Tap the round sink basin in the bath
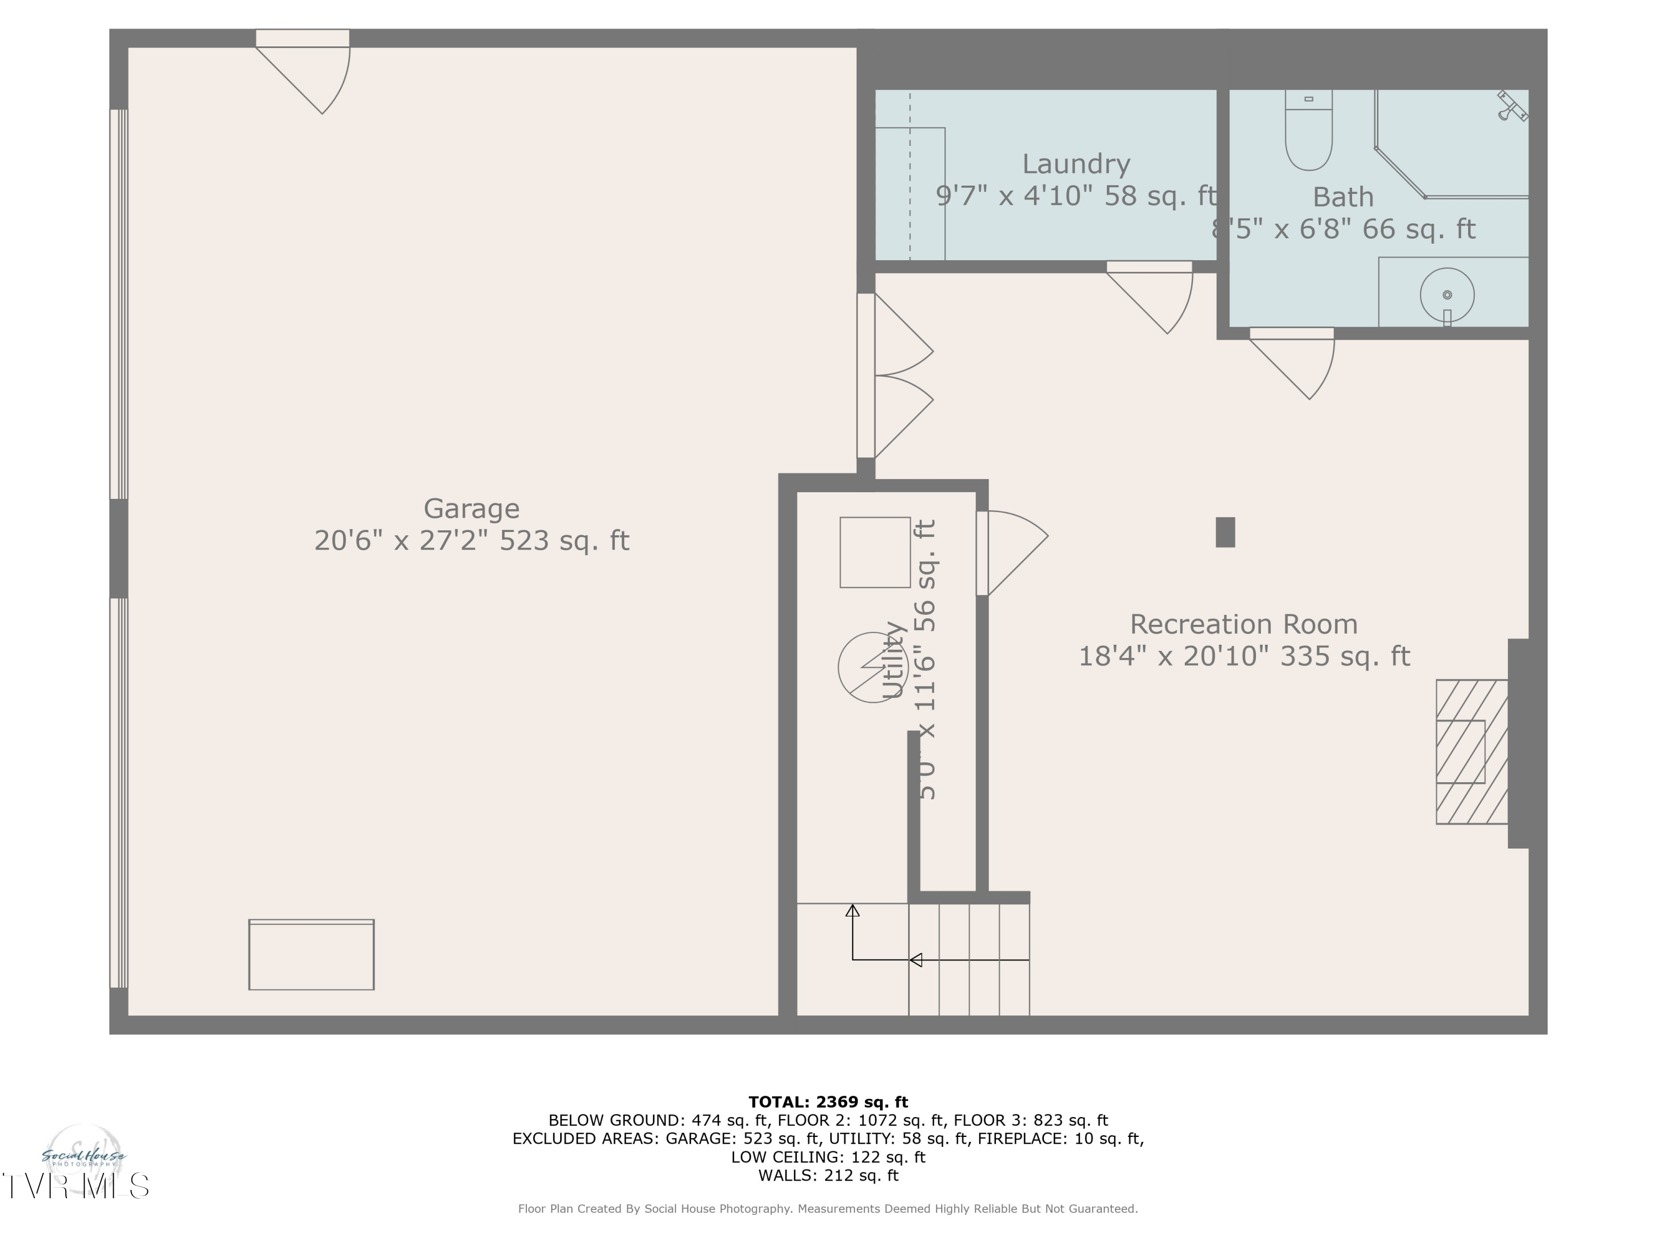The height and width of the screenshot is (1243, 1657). pyautogui.click(x=1447, y=295)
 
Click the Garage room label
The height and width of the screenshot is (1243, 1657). pyautogui.click(x=471, y=509)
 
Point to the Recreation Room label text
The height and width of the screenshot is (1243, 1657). pyautogui.click(x=1243, y=624)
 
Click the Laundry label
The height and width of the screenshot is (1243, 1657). pyautogui.click(x=1076, y=164)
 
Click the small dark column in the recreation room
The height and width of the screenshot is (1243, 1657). pyautogui.click(x=1225, y=532)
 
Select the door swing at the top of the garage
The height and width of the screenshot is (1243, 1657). pyautogui.click(x=315, y=75)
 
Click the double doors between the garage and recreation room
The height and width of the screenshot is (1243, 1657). pyautogui.click(x=899, y=375)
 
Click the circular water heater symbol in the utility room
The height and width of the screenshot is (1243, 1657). pyautogui.click(x=872, y=667)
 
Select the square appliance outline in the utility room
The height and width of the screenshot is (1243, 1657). pyautogui.click(x=874, y=552)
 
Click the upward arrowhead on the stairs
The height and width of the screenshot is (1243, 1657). pyautogui.click(x=852, y=911)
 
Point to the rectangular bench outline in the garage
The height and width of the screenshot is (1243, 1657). pyautogui.click(x=311, y=955)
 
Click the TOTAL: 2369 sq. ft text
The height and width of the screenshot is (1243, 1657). pyautogui.click(x=828, y=1102)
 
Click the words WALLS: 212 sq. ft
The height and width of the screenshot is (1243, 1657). pyautogui.click(x=828, y=1176)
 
